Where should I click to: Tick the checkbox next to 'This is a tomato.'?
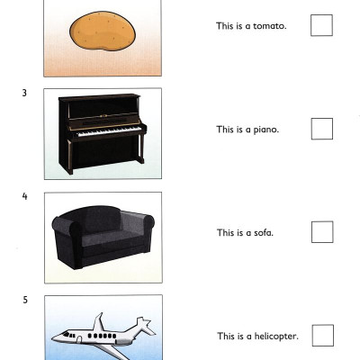tap(321, 25)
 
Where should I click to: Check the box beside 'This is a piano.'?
tap(322, 129)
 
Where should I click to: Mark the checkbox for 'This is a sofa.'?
tap(322, 232)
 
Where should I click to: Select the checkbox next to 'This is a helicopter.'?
tap(323, 335)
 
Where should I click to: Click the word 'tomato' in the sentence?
tap(269, 26)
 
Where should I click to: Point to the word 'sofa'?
tap(263, 233)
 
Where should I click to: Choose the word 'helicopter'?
tap(275, 337)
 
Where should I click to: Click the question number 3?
tap(24, 93)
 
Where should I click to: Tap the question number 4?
tap(24, 196)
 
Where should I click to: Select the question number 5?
tap(25, 300)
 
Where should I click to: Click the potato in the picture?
tap(103, 31)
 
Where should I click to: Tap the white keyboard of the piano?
tap(109, 131)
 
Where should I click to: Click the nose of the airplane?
tap(55, 338)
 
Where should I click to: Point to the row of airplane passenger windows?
tap(102, 336)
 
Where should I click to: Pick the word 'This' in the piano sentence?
tap(225, 130)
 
